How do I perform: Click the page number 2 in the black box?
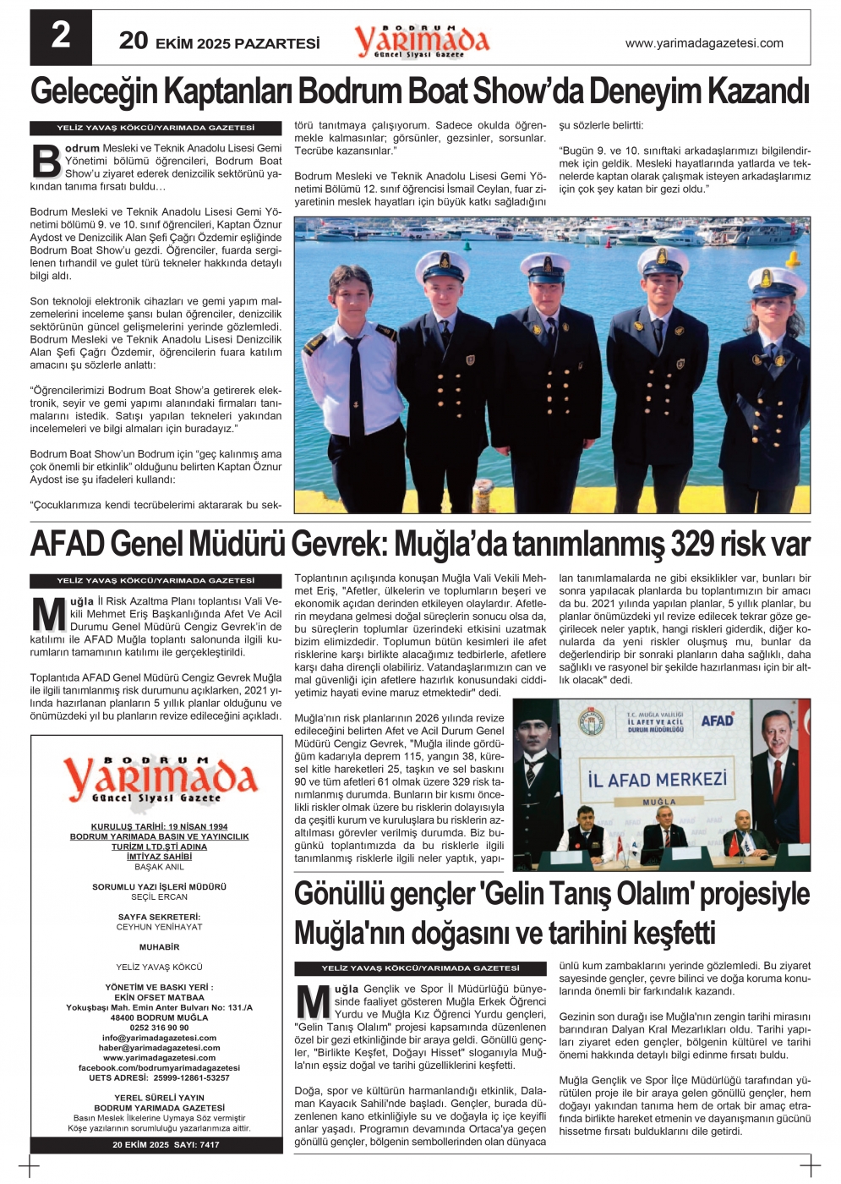[x=61, y=37]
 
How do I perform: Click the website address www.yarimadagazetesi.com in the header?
[x=704, y=43]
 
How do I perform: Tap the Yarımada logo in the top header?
[x=421, y=41]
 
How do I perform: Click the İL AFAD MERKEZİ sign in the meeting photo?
[x=657, y=779]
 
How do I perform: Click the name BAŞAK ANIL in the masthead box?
[x=159, y=867]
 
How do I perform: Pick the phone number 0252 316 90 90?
[x=159, y=1028]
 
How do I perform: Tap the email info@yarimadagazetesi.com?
[x=159, y=1038]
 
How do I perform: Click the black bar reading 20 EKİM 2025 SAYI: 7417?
[x=157, y=1144]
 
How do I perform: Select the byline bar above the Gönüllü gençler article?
[x=420, y=968]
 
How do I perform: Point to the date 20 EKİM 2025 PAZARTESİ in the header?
[x=220, y=41]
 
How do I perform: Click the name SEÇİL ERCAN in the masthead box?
[x=159, y=896]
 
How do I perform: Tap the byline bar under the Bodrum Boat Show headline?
[x=156, y=128]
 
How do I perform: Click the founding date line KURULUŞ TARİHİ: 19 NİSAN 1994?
[x=159, y=826]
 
